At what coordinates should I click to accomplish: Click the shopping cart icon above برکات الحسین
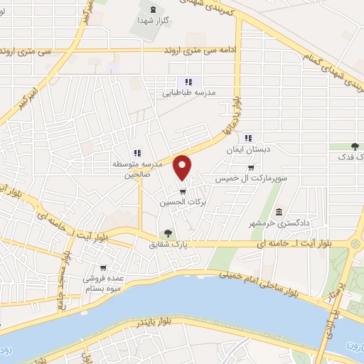pos(183,191)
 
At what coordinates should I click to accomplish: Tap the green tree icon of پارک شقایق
pos(168,232)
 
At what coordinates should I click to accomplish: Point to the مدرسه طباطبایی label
pos(189,92)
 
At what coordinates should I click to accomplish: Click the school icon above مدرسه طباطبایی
pos(188,82)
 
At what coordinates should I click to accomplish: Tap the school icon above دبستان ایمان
pos(247,139)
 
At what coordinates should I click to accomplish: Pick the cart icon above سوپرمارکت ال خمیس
pos(250,168)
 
